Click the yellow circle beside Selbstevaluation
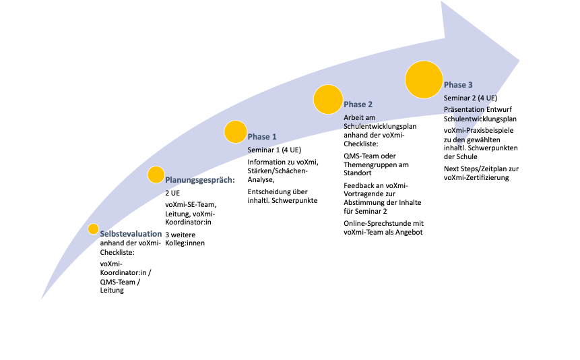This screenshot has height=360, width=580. click(x=94, y=229)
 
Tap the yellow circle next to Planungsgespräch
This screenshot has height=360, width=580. click(x=156, y=175)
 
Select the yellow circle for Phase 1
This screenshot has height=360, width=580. click(x=235, y=131)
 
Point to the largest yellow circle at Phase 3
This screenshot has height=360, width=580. click(x=423, y=78)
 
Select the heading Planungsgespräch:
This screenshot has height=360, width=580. click(x=199, y=180)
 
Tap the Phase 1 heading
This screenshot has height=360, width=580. click(x=262, y=137)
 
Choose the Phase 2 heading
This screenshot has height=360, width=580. click(x=358, y=104)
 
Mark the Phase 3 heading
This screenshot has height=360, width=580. click(x=458, y=85)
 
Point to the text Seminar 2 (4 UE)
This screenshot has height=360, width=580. click(x=471, y=98)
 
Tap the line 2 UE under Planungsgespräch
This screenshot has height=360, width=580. click(x=172, y=193)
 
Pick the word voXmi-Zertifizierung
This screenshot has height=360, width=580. click(x=476, y=178)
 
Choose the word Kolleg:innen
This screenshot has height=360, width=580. click(x=187, y=243)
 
